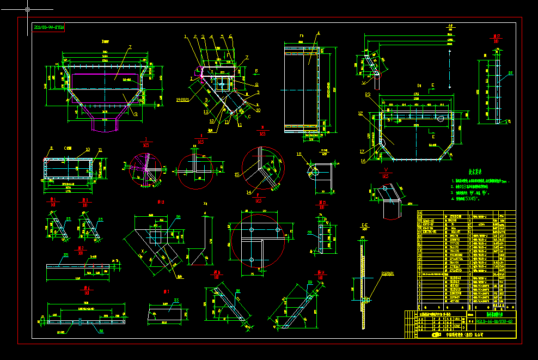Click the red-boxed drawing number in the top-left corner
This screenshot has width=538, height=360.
(48, 27)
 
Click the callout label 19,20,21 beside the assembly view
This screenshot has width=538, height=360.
(183, 100)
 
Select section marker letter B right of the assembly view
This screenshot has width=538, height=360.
(256, 70)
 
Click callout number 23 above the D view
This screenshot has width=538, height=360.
(368, 94)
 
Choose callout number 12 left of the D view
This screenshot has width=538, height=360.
(360, 113)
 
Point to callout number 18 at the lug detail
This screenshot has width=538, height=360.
(298, 154)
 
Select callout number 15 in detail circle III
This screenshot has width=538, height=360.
(237, 174)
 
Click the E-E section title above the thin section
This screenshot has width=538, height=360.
(363, 224)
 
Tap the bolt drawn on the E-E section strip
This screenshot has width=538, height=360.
(366, 300)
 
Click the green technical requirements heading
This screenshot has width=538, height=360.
(467, 170)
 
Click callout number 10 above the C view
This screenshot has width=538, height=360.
(87, 149)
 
